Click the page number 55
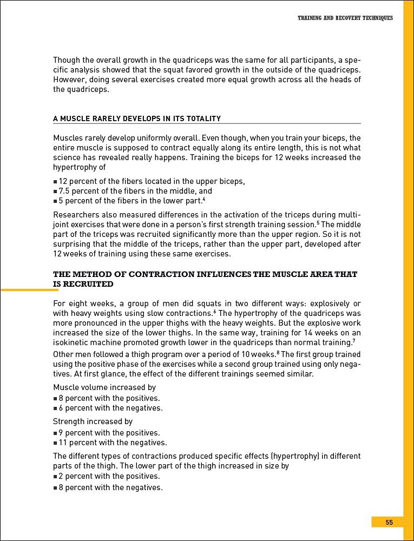[x=389, y=522]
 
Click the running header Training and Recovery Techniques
[x=345, y=18]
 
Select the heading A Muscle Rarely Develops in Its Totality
[x=136, y=118]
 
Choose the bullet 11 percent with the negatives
[x=110, y=443]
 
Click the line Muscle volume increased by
[x=104, y=387]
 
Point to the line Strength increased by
[x=93, y=421]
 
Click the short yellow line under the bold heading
[x=29, y=291]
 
